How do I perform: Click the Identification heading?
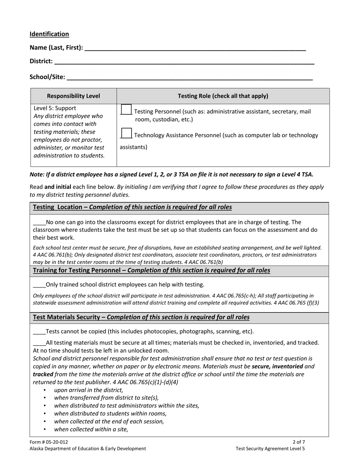(49, 34)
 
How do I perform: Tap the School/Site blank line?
(189, 77)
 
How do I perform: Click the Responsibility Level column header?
(74, 96)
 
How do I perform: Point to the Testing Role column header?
(223, 96)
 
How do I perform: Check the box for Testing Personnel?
(126, 110)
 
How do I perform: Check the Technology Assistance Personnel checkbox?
(126, 133)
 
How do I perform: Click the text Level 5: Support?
(55, 108)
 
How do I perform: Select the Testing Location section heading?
(132, 207)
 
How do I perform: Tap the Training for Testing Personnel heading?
(152, 271)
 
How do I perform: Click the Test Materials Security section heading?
(141, 317)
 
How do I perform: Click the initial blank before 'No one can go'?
(39, 222)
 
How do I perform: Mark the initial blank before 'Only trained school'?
(39, 285)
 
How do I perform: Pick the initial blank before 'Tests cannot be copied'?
(39, 332)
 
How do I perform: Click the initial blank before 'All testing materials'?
(39, 343)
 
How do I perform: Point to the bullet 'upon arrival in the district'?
(89, 390)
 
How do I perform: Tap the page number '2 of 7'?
(299, 442)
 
